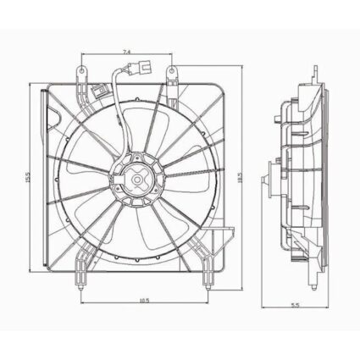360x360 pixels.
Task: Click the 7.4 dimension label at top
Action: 126,53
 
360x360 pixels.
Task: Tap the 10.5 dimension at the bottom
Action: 145,299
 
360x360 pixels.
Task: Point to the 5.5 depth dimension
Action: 293,305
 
